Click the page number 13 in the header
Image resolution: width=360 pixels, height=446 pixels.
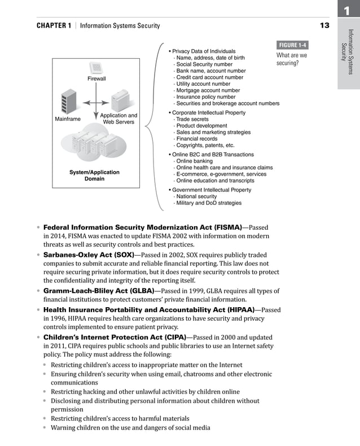[x=324, y=25]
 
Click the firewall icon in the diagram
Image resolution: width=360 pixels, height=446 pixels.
[x=96, y=68]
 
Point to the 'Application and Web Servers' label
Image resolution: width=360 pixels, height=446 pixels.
[x=118, y=119]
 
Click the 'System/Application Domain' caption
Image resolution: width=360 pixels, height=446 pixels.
[x=94, y=175]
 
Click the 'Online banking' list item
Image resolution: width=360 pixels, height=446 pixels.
[x=195, y=161]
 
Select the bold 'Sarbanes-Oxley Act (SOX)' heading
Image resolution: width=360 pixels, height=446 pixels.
[x=89, y=255]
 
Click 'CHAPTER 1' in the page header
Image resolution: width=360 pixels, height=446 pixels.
[x=54, y=25]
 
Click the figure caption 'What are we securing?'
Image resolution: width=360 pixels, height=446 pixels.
[x=292, y=59]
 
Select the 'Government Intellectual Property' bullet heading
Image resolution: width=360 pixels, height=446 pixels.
[x=212, y=190]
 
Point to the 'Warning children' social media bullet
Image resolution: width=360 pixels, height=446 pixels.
[x=130, y=427]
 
